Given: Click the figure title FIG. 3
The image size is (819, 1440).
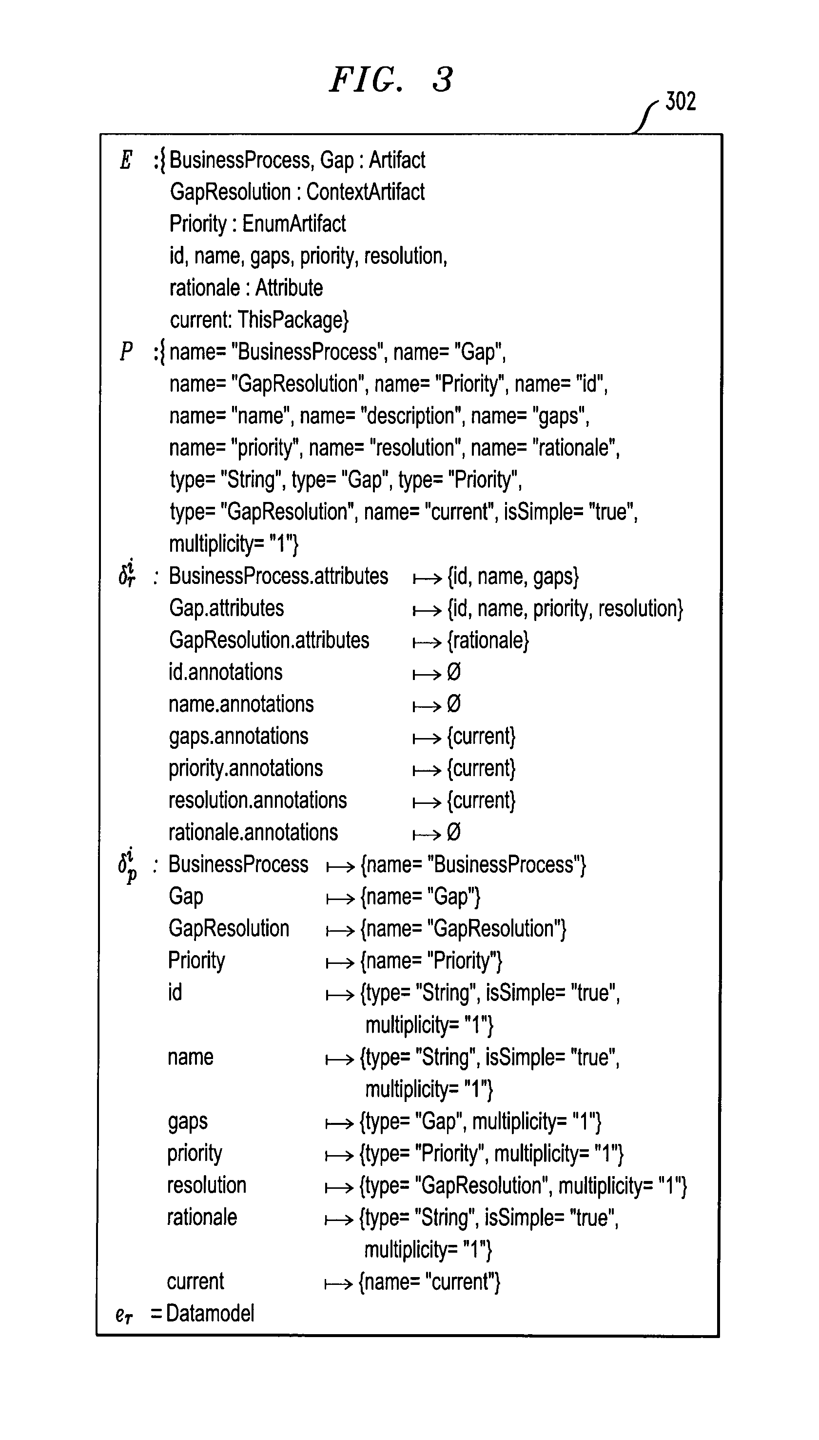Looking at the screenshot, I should (x=391, y=80).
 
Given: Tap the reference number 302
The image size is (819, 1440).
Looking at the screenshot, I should (x=680, y=101).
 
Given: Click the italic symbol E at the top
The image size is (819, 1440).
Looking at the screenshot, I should (x=126, y=160).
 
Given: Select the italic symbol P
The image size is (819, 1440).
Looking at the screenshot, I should (x=126, y=351).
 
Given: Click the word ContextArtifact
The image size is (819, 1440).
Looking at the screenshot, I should (x=365, y=192).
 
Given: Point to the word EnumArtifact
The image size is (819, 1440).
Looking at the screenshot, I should (x=293, y=224).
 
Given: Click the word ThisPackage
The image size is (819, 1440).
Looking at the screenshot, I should (x=292, y=320).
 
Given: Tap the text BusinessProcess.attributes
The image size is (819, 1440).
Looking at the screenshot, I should (x=278, y=576).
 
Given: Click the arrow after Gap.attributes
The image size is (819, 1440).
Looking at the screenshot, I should (x=427, y=610).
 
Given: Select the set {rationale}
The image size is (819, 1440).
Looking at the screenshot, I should (x=487, y=641).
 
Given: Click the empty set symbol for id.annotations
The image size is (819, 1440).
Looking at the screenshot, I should (x=453, y=672).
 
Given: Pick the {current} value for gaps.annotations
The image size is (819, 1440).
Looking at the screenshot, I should (x=481, y=737).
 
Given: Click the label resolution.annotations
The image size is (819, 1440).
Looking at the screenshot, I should (x=257, y=800).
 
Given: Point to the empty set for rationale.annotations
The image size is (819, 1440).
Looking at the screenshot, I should (x=453, y=832).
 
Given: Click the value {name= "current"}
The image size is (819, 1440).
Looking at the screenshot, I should (x=429, y=1281).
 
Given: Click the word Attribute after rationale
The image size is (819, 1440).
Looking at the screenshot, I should (x=289, y=287).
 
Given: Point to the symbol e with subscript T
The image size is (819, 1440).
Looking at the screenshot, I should (x=124, y=1314).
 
